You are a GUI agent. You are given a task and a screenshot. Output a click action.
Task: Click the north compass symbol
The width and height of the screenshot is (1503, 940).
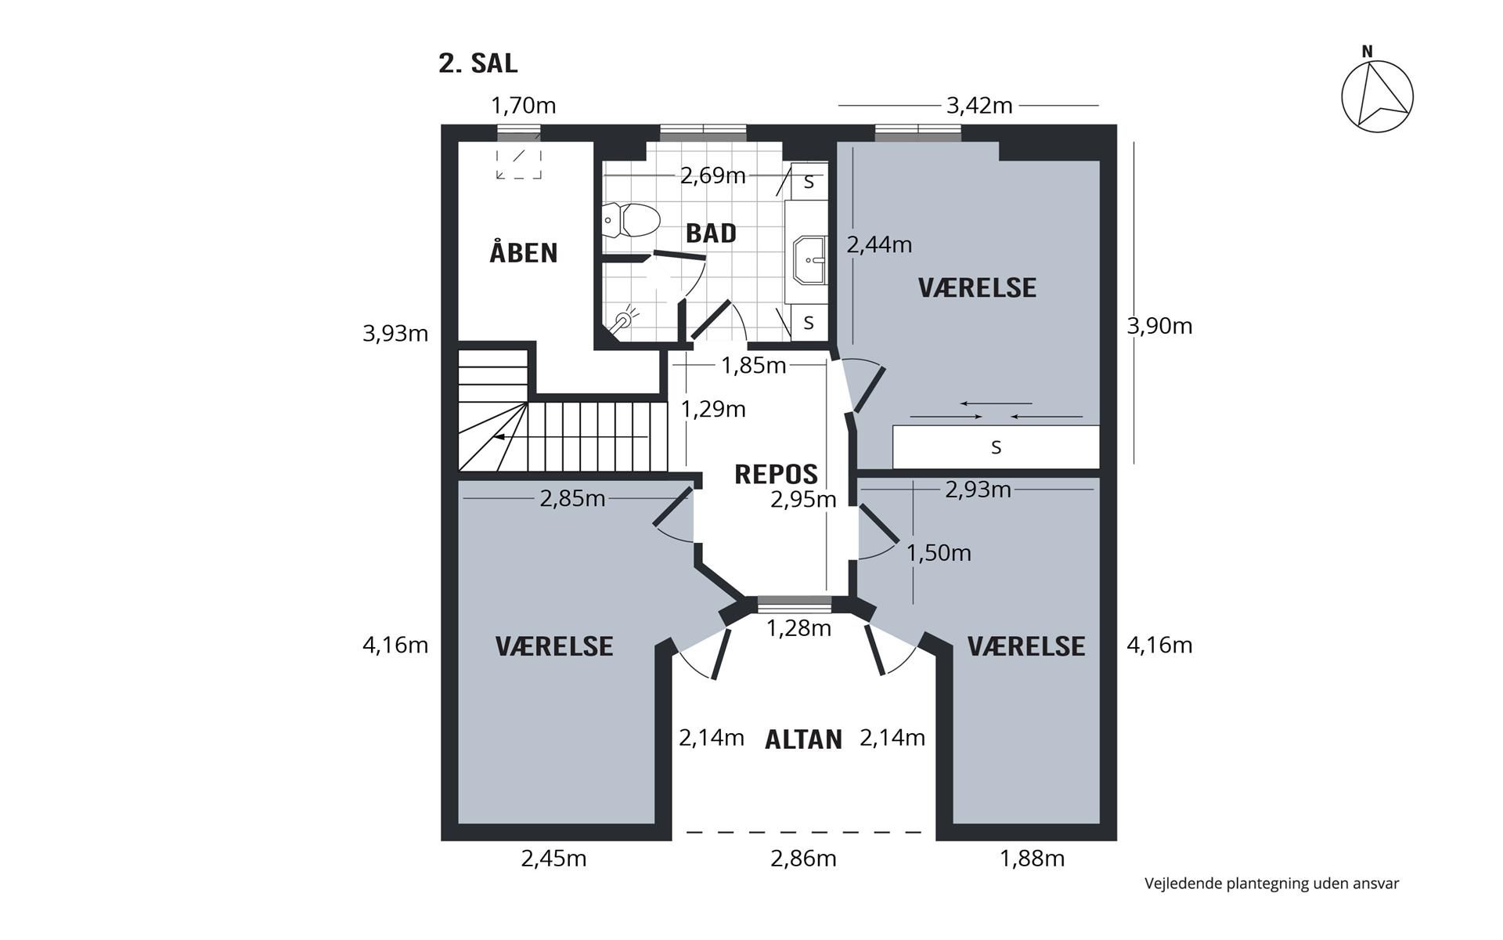tap(1377, 95)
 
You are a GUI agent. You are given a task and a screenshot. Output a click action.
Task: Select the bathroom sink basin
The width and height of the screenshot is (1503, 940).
tap(809, 260)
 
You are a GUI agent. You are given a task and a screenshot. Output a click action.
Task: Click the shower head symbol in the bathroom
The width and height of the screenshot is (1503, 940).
tap(626, 320)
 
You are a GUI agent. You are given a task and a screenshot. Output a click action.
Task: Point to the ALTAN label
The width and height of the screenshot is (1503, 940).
tap(803, 739)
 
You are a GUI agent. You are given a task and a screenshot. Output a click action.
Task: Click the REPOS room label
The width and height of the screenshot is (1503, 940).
tap(776, 474)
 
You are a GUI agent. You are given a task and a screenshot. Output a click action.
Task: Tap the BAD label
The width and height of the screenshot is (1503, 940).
tap(711, 233)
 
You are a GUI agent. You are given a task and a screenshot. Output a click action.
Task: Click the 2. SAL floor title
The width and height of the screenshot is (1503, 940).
tap(478, 63)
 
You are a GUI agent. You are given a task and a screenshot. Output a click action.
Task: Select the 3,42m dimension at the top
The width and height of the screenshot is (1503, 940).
tap(979, 105)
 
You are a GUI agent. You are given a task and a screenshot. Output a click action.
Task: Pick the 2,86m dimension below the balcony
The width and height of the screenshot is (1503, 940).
tap(803, 859)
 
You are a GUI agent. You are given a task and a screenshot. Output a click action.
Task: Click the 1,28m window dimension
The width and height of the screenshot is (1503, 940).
tap(798, 628)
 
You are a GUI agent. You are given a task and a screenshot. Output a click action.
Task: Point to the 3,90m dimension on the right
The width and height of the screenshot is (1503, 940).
tap(1159, 326)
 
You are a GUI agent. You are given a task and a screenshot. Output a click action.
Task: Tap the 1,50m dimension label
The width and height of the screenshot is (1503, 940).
tap(939, 553)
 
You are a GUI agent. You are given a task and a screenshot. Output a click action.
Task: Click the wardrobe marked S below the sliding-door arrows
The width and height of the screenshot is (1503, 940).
tap(996, 446)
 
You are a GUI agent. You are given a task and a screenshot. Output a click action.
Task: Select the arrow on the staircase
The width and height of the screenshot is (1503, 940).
tap(571, 436)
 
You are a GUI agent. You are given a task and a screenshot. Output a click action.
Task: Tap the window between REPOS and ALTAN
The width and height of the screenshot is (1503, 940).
tap(795, 604)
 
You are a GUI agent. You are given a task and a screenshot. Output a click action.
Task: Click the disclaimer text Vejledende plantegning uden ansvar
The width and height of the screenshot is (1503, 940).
tap(1271, 884)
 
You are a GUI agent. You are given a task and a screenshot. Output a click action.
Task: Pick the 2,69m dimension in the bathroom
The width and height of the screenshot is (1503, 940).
tap(712, 175)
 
